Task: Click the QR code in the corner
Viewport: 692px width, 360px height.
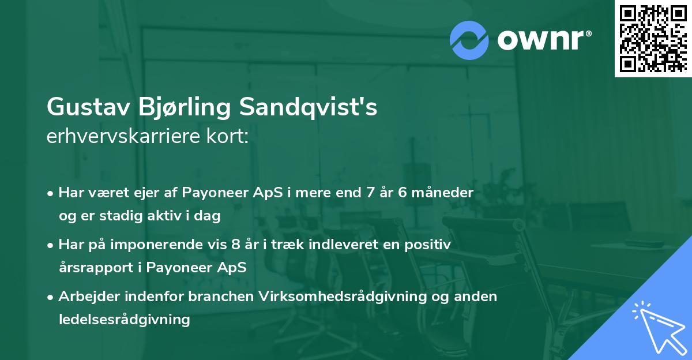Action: point(652,39)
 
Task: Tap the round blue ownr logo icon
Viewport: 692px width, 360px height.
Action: point(469,40)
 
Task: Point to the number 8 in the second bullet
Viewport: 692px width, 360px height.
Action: point(235,245)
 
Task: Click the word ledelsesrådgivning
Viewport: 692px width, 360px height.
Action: point(124,319)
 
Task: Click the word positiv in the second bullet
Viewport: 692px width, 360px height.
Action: point(430,245)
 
